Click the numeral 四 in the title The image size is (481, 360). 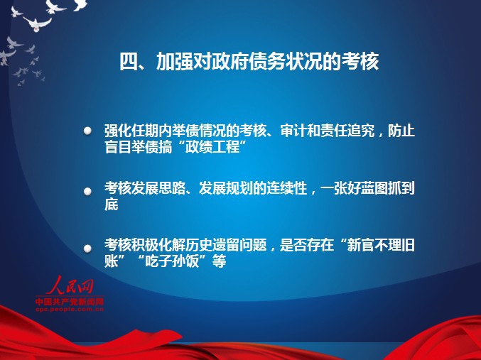pyautogui.click(x=129, y=61)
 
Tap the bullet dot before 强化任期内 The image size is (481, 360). pyautogui.click(x=87, y=131)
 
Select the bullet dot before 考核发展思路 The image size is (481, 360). pyautogui.click(x=87, y=191)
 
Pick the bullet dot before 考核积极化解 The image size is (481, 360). pyautogui.click(x=87, y=248)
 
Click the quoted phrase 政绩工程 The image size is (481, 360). pyautogui.click(x=212, y=147)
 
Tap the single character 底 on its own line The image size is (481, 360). pyautogui.click(x=112, y=204)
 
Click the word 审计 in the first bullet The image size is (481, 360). pyautogui.click(x=293, y=131)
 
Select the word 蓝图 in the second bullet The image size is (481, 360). pyautogui.click(x=374, y=188)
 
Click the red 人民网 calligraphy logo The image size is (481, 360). pyautogui.click(x=70, y=285)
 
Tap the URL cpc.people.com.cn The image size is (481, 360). pyautogui.click(x=70, y=309)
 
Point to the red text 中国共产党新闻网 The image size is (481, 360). pyautogui.click(x=70, y=302)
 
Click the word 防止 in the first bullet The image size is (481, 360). pyautogui.click(x=401, y=131)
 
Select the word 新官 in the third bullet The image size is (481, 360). pyautogui.click(x=360, y=245)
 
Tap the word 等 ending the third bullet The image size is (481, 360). pyautogui.click(x=220, y=261)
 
